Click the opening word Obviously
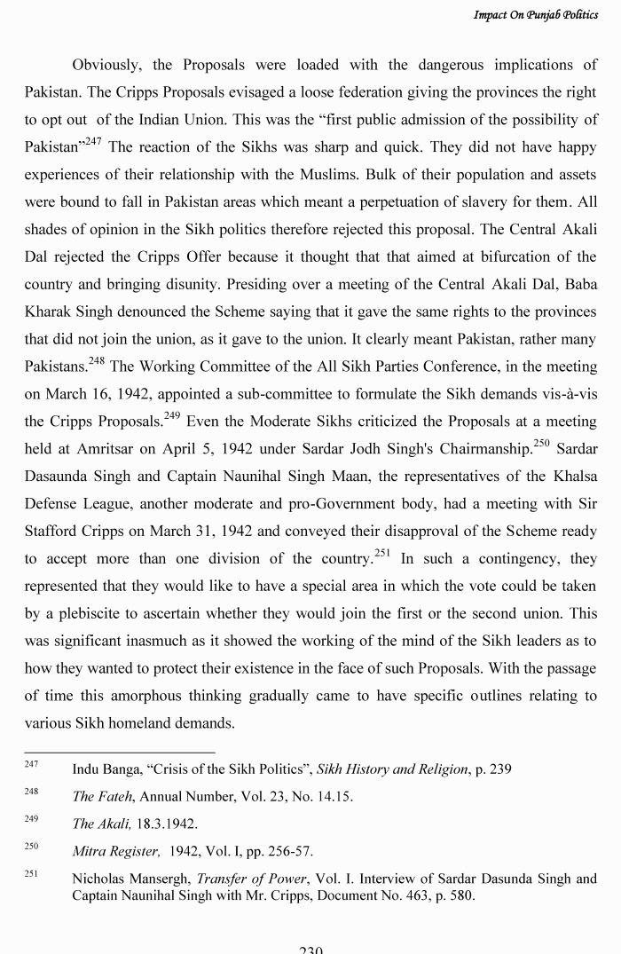point(106,65)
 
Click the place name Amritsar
point(104,450)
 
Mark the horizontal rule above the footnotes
point(119,753)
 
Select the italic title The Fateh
point(102,797)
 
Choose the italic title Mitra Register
point(116,852)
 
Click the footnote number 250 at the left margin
point(31,848)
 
